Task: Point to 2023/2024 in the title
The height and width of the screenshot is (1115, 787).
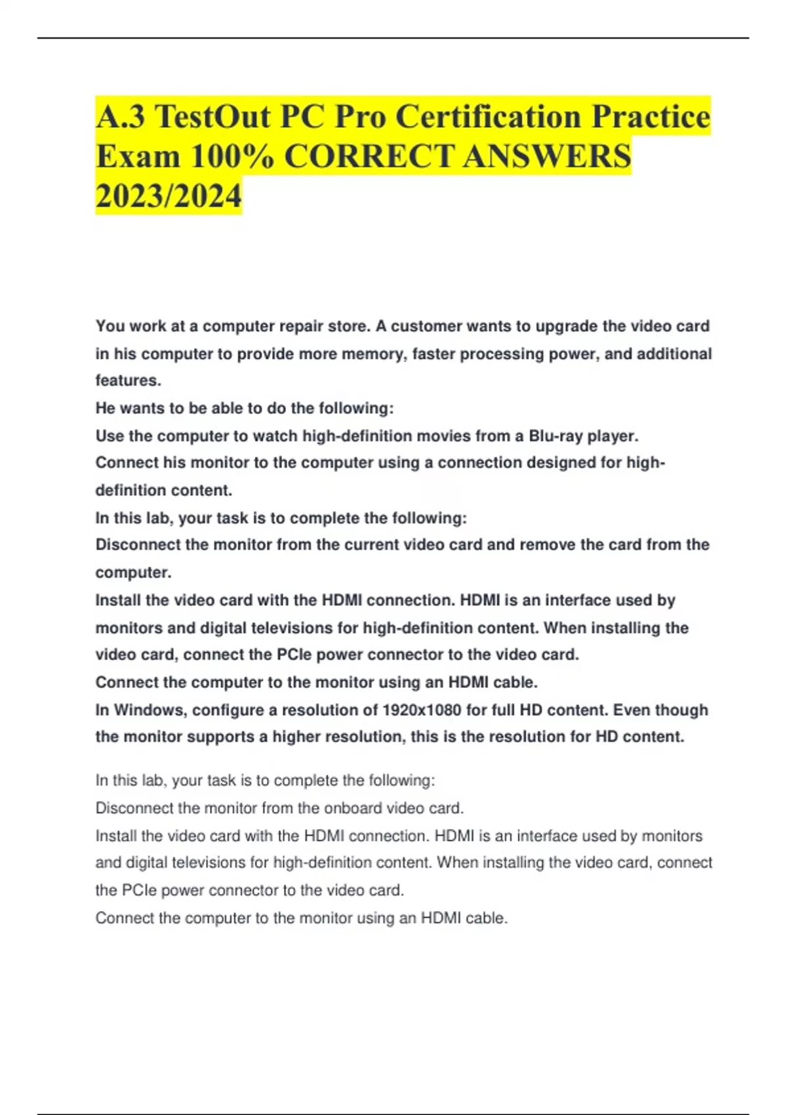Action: point(169,196)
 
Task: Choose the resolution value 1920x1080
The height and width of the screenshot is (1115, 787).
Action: point(422,710)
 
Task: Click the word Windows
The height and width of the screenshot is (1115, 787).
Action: point(148,710)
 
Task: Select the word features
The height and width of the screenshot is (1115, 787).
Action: point(128,380)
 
